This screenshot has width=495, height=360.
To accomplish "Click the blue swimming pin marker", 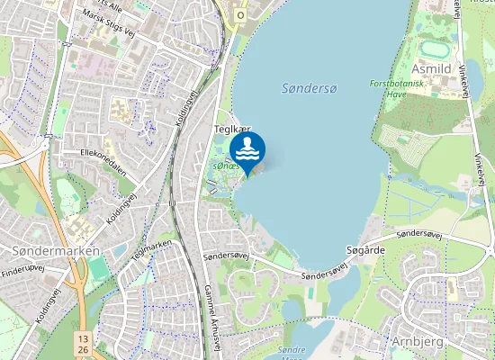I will (x=247, y=149).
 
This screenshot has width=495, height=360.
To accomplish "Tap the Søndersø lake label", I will (x=309, y=88).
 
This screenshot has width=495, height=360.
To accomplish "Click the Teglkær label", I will (x=231, y=130).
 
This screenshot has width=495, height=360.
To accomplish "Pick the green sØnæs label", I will (x=224, y=167).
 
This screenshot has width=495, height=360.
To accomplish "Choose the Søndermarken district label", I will (x=55, y=250).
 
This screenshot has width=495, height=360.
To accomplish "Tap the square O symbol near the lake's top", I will (x=240, y=15).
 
